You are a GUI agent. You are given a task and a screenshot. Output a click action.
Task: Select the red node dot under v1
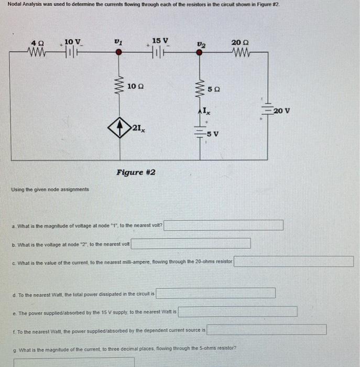119,52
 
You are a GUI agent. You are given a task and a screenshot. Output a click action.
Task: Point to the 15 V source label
160,41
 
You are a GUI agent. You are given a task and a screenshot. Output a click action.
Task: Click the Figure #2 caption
135,172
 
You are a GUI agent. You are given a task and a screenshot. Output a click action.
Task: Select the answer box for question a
225,225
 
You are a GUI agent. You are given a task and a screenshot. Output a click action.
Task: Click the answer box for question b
191,244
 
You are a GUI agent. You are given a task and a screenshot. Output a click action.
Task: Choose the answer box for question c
293,261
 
